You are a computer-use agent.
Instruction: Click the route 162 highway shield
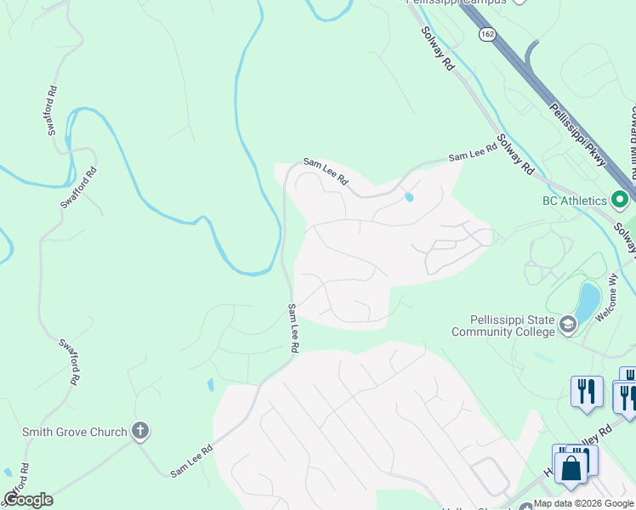(486, 33)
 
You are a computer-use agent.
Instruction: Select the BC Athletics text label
(575, 201)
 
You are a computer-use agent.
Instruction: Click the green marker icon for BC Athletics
(620, 201)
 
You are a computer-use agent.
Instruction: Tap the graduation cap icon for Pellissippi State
(567, 325)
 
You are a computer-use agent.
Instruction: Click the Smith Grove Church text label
(75, 432)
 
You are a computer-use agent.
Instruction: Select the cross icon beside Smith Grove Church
(141, 432)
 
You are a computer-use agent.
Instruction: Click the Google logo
(28, 500)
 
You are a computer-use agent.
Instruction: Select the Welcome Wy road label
(610, 301)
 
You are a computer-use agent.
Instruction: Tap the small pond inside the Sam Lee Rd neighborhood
(410, 198)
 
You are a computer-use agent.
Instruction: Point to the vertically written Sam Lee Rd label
(292, 328)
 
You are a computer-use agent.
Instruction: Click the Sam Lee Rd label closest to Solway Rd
(472, 153)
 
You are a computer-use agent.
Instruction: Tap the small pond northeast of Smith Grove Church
(210, 385)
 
